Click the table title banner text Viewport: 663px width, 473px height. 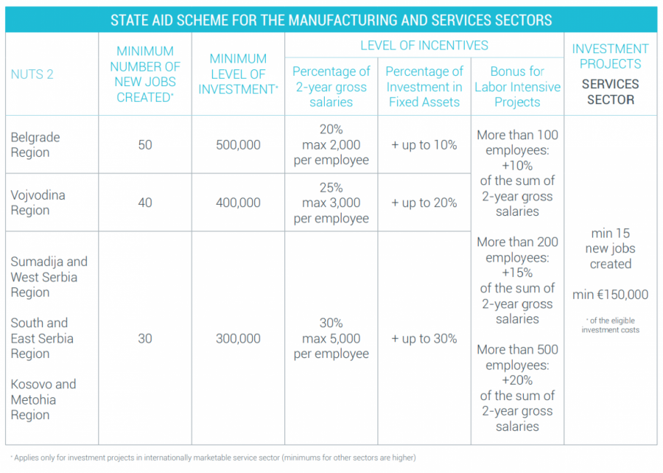331,20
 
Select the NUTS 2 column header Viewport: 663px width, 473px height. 32,74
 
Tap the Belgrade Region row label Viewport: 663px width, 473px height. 35,145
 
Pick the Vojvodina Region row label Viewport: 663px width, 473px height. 38,203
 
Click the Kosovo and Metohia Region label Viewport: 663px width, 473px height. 43,399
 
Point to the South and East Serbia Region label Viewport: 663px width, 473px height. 42,338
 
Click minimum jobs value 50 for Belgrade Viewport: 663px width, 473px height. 145,145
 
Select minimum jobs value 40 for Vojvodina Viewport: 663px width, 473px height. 145,203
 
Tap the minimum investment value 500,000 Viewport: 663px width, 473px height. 238,145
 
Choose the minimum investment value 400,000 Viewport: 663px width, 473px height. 238,203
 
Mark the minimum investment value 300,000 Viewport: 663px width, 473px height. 238,339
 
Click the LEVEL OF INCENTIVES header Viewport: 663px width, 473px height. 424,46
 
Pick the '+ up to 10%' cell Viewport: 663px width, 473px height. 424,145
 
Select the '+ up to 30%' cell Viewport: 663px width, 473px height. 424,339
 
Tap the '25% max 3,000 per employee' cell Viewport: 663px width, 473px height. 331,203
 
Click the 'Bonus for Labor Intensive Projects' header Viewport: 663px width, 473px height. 517,87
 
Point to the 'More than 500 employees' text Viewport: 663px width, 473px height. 517,357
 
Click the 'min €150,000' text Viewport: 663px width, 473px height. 610,295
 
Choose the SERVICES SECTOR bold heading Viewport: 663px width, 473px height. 610,91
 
